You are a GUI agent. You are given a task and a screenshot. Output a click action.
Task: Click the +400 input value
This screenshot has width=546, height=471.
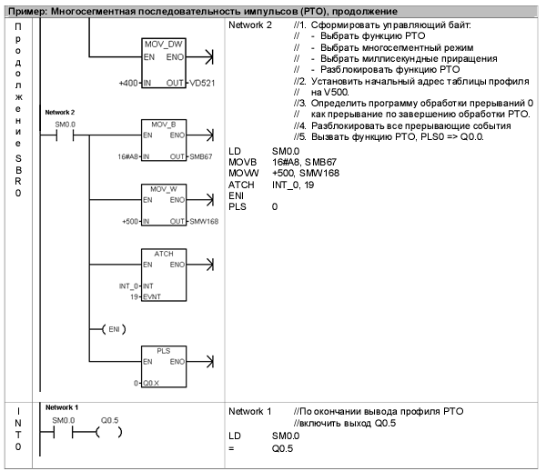pos(128,84)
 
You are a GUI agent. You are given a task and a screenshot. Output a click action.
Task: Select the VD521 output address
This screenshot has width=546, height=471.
pos(203,84)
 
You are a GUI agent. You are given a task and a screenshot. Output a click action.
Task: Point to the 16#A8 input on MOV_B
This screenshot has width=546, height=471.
pos(128,157)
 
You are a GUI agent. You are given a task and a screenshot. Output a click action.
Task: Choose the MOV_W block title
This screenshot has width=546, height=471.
pos(164,188)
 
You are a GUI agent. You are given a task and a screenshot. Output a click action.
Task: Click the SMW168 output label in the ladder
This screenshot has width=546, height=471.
pos(204,221)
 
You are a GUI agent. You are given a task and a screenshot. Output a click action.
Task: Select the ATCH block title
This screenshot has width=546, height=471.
pos(164,252)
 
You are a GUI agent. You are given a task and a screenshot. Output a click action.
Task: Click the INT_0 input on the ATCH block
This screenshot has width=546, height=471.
pos(130,285)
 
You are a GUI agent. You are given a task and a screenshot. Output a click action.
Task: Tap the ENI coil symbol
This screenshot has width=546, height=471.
pos(113,328)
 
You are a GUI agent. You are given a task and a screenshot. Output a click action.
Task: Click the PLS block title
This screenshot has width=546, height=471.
pos(164,350)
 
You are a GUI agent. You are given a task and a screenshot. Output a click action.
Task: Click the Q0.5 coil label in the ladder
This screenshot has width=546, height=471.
pos(109,420)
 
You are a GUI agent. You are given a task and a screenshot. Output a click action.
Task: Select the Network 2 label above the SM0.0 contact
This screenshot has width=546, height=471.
pos(59,111)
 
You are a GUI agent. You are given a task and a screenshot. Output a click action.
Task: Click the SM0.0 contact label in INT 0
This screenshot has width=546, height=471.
pos(64,420)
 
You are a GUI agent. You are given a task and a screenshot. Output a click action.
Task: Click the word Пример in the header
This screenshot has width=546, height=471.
pos(25,8)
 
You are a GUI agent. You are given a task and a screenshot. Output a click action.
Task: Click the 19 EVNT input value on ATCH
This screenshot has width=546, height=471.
pos(136,296)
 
